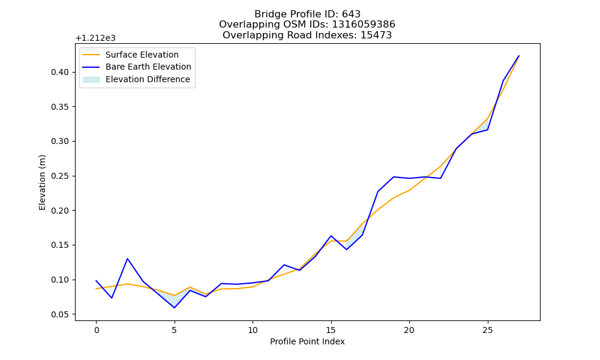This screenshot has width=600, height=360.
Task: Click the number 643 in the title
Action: click(351, 14)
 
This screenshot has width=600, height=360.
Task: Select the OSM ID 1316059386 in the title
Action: click(364, 25)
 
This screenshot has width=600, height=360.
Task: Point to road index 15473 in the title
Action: click(376, 35)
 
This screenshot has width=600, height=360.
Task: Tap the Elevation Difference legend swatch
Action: click(91, 79)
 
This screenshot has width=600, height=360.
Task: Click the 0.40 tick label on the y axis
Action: click(60, 73)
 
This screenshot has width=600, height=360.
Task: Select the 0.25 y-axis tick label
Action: click(60, 176)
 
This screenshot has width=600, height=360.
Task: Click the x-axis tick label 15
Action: click(331, 330)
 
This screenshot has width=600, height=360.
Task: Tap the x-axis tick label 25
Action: click(487, 330)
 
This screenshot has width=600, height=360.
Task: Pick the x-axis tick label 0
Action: click(96, 330)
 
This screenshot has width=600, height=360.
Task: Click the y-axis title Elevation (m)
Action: click(42, 182)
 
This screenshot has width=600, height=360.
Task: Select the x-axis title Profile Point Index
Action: click(307, 341)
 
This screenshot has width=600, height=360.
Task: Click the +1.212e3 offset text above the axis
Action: click(95, 38)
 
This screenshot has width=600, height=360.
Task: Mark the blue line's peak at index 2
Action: click(127, 259)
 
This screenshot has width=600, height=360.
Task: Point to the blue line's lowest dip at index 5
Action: click(175, 308)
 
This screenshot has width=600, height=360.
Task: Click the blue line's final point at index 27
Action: click(519, 56)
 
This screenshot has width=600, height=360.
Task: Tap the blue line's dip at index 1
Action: click(112, 298)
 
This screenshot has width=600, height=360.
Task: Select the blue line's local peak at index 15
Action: click(331, 236)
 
